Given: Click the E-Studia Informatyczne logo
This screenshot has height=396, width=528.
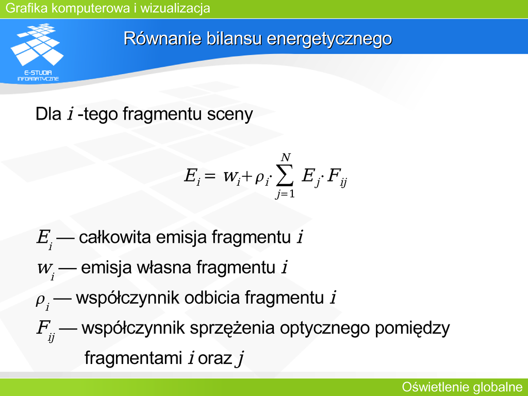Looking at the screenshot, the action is (x=37, y=52).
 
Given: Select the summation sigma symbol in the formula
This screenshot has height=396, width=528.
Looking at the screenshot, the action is (x=285, y=175).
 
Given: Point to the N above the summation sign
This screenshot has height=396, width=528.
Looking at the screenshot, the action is (x=286, y=157).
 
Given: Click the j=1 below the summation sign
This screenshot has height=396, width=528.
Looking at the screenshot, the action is (x=285, y=194).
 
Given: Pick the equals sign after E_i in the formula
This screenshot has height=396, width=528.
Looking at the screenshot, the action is (x=209, y=175).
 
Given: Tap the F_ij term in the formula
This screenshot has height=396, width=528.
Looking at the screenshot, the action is (x=337, y=177).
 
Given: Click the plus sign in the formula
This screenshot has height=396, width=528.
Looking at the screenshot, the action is (x=246, y=176).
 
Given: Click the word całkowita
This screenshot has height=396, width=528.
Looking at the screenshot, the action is (x=115, y=237).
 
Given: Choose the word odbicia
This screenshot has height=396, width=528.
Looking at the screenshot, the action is (x=212, y=298).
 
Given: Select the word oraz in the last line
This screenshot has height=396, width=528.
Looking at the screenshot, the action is (x=215, y=358).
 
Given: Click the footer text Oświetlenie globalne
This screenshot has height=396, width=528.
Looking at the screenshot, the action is (x=463, y=387).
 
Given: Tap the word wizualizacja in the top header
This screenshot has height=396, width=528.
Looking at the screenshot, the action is (x=175, y=8).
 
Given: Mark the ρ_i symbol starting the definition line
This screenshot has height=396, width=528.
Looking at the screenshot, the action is (x=43, y=301).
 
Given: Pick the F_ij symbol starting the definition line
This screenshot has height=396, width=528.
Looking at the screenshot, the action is (x=45, y=331).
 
